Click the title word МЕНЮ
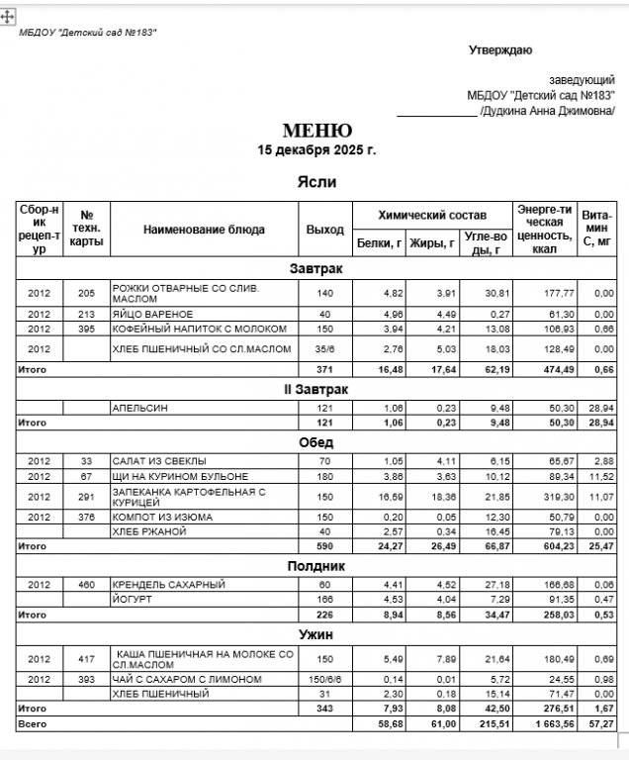tap(316, 131)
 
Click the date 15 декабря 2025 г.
tap(316, 151)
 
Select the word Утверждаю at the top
tap(500, 49)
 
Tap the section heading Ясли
tap(316, 182)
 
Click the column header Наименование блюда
tap(204, 230)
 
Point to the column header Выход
tap(324, 230)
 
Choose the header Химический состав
tap(432, 215)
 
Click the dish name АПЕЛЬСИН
tap(137, 407)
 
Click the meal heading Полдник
tap(316, 565)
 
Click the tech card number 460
tap(86, 584)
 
